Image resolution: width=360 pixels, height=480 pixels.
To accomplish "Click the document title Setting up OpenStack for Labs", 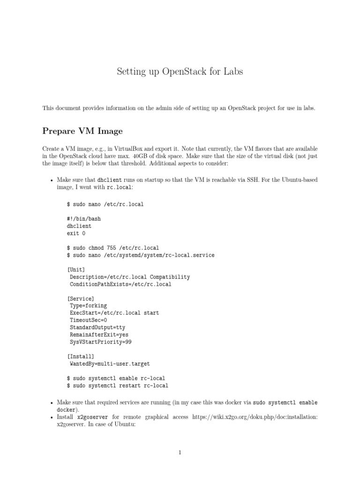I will coord(180,72).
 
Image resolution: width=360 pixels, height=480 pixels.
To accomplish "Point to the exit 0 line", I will coord(77,233).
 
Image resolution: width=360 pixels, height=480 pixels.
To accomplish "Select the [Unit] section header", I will coord(77,270).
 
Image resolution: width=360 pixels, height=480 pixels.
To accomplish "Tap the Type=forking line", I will coord(88,306).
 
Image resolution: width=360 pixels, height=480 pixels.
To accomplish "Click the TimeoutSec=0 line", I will coord(88,320).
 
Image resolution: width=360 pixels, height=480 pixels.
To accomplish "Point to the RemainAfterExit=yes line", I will coord(98,335).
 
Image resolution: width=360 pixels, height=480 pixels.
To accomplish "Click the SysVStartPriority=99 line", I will coord(100,342).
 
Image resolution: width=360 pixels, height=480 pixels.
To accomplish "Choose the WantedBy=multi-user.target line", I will coord(110,363).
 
